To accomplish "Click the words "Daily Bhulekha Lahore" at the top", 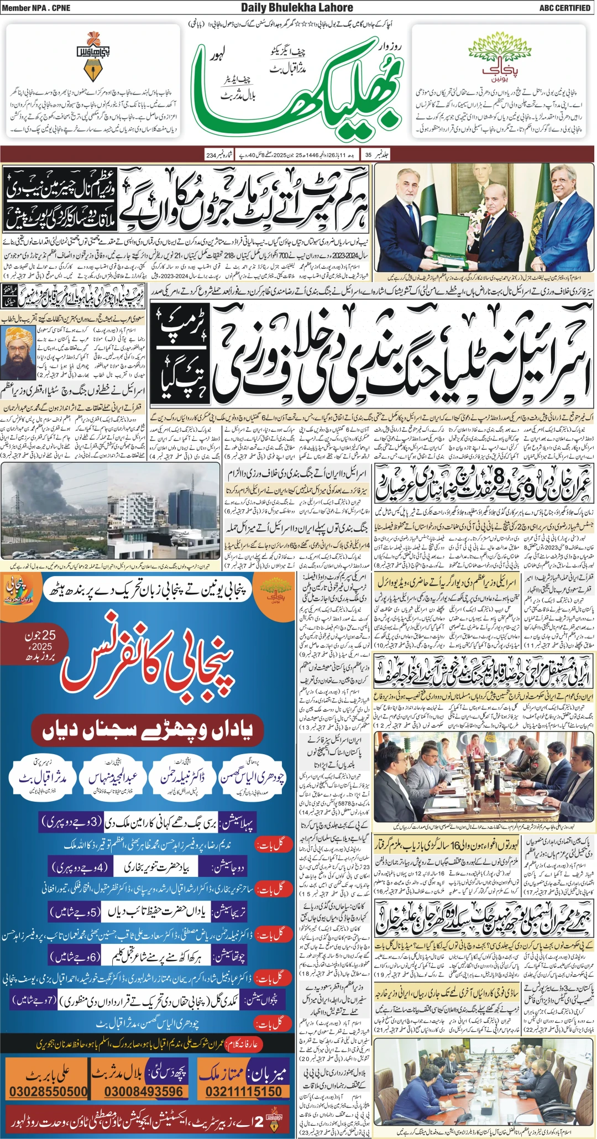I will click(x=297, y=8).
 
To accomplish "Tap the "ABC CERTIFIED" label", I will click(x=564, y=8).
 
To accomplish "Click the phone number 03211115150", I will click(x=244, y=1091).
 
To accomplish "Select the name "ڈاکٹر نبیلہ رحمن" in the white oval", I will click(x=182, y=778).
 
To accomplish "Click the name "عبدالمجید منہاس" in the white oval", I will click(x=113, y=778).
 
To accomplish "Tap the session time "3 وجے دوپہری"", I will click(x=72, y=822).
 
